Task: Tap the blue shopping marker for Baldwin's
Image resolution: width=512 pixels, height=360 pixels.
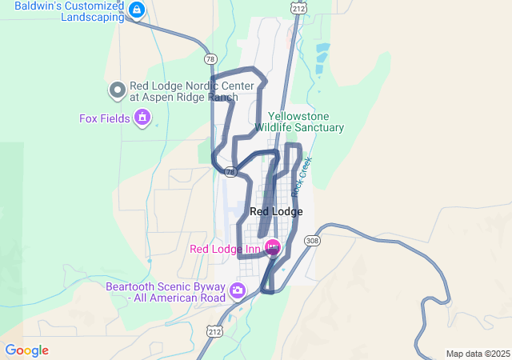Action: [137, 10]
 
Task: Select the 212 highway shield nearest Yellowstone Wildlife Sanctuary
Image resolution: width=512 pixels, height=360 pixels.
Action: [298, 9]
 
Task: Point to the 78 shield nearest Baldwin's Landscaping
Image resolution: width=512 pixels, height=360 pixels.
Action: [210, 59]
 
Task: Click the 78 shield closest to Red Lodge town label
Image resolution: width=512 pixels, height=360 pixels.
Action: [230, 171]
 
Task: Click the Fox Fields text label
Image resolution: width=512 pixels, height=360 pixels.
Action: [104, 119]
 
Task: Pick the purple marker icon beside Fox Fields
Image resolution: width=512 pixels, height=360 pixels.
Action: [143, 118]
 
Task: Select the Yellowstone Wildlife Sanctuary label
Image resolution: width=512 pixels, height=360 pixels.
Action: [299, 122]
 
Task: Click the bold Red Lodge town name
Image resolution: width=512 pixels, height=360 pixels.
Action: [276, 212]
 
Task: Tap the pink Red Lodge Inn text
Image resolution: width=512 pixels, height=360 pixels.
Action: [225, 249]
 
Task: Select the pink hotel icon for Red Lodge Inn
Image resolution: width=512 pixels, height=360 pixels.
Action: [272, 248]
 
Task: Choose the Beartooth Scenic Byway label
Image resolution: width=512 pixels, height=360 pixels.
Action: [166, 292]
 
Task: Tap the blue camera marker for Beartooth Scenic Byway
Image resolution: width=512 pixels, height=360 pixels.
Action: [237, 290]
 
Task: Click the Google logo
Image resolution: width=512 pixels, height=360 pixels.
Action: [26, 350]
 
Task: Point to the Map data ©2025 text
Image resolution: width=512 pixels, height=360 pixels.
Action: [478, 354]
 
